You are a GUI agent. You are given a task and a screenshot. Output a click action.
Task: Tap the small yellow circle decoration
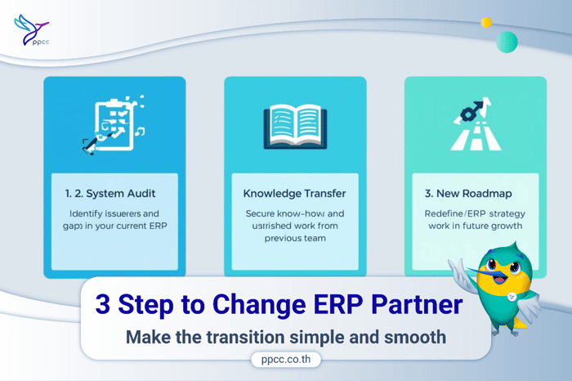[486, 23]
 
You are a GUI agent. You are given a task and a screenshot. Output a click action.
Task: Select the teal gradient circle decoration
[507, 42]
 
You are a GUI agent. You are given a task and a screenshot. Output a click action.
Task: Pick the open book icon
[295, 127]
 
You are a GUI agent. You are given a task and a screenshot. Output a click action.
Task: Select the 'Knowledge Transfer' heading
[295, 194]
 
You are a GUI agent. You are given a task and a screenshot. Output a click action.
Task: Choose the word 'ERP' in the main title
[328, 304]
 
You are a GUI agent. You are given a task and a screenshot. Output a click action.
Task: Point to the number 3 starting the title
[103, 304]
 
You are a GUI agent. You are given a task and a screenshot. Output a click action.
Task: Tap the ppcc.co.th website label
[285, 359]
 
